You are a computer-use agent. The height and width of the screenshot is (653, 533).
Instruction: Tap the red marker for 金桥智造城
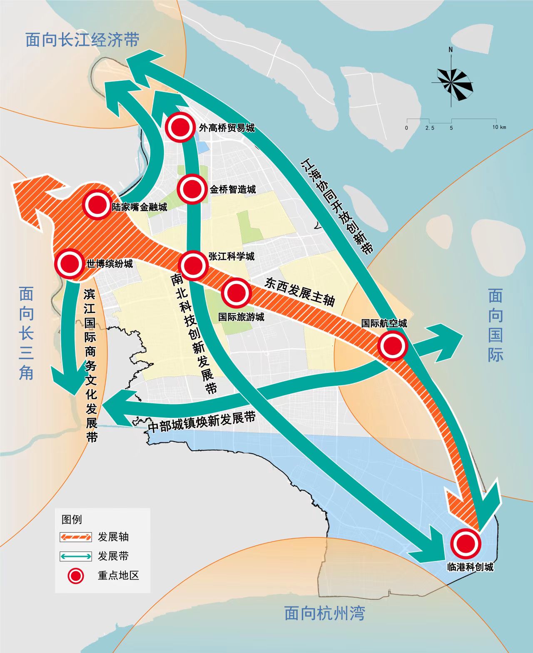[192, 189]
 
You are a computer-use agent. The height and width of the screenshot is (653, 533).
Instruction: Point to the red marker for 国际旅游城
[236, 293]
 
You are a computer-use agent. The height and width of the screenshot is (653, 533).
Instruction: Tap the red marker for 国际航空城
[392, 345]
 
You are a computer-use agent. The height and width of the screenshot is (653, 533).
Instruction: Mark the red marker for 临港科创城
[466, 543]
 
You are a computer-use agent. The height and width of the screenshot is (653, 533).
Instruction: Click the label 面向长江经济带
[82, 40]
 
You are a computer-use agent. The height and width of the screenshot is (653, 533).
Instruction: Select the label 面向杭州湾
[324, 613]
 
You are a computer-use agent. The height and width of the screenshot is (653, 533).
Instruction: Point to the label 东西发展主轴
[300, 292]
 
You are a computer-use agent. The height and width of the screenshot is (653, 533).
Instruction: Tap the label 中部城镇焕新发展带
[202, 422]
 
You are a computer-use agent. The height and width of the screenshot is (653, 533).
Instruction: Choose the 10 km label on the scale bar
[499, 127]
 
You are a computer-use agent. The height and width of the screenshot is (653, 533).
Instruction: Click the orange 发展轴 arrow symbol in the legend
[76, 537]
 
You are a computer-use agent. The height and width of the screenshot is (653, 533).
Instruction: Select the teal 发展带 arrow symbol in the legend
[76, 556]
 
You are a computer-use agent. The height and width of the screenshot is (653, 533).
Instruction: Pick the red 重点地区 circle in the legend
[76, 576]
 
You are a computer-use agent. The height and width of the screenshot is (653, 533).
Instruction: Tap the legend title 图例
[72, 519]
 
